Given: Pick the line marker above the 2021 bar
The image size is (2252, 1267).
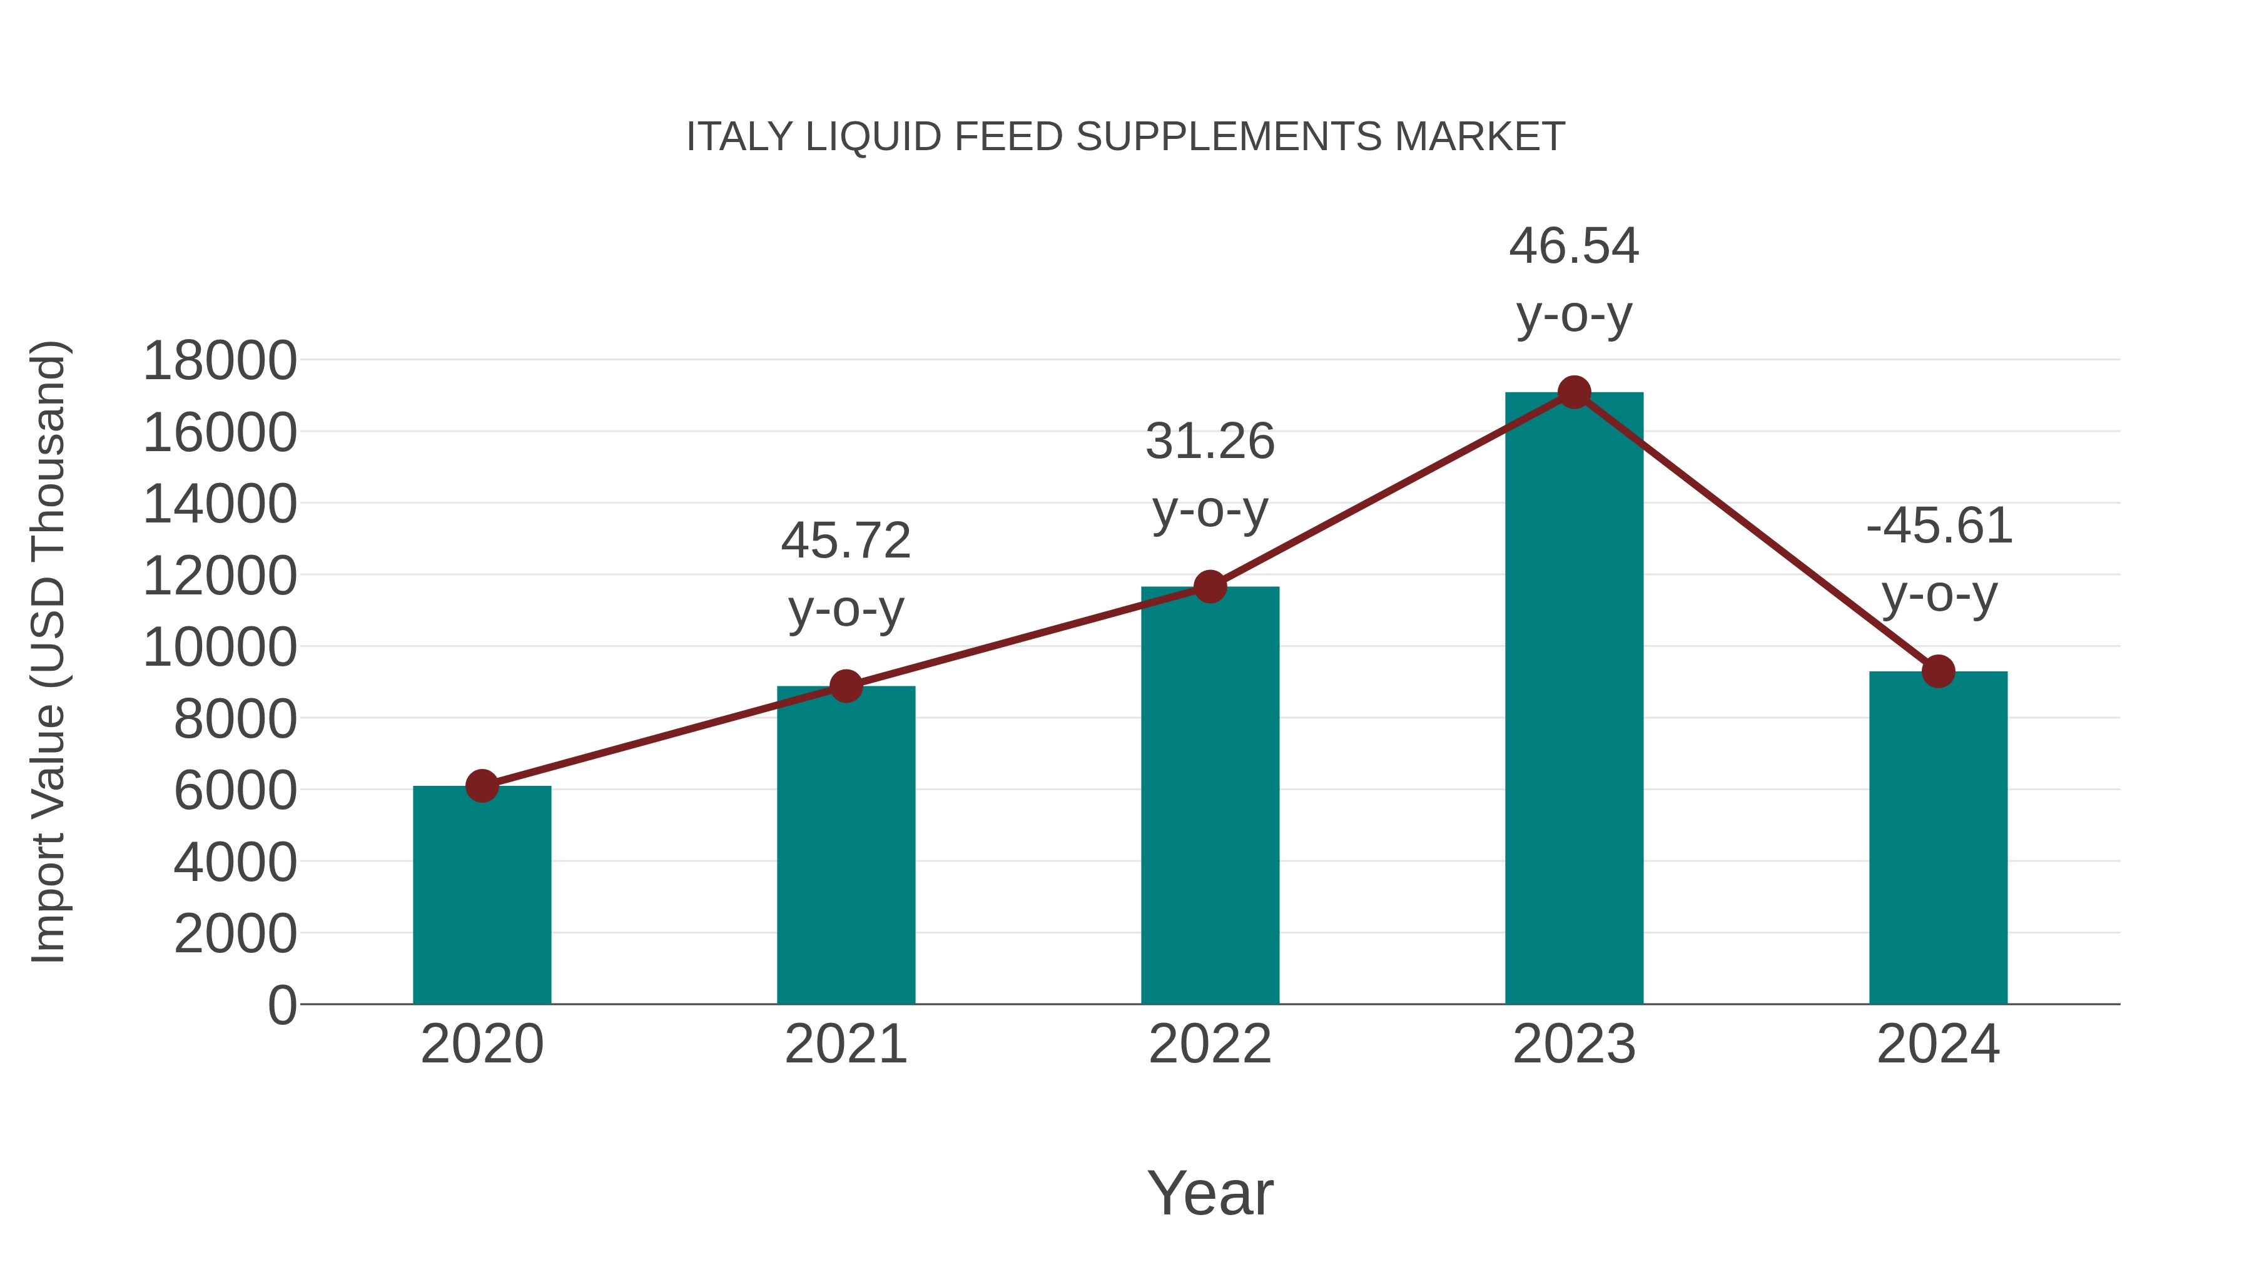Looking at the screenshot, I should (845, 686).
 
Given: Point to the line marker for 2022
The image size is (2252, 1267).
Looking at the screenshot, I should (1210, 587).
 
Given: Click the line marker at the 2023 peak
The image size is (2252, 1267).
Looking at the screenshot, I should (1574, 392).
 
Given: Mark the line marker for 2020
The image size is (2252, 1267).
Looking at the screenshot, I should (482, 786).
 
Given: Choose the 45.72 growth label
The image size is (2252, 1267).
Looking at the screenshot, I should (845, 574).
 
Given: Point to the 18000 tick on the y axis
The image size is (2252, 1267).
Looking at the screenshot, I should (220, 360).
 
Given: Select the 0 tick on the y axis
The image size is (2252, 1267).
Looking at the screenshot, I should (281, 1005).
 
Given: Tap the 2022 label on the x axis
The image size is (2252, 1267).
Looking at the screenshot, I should (1210, 1044).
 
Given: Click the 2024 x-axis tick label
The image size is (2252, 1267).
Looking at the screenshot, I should (1938, 1044).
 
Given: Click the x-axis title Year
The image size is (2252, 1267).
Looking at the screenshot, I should (1210, 1193).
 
